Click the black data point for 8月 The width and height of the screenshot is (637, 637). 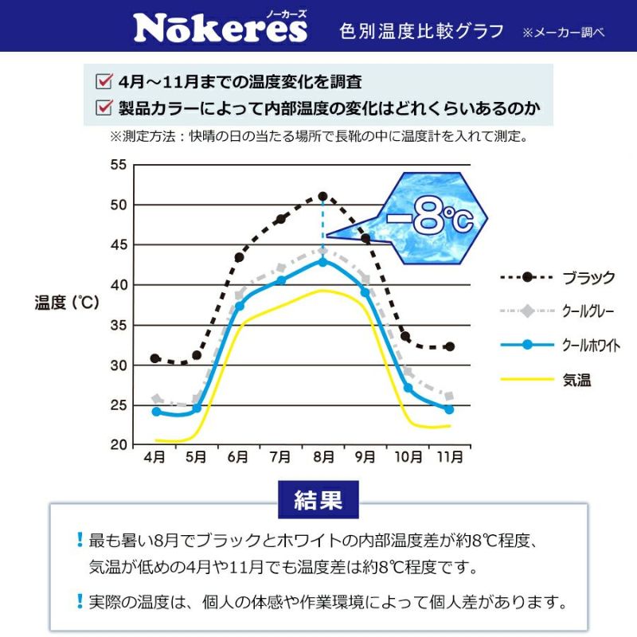(x=322, y=196)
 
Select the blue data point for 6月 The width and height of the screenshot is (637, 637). (x=239, y=306)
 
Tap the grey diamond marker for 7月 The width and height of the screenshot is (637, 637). (x=280, y=268)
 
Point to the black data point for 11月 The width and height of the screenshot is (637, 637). (x=450, y=346)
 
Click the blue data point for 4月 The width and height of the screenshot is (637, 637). (x=156, y=412)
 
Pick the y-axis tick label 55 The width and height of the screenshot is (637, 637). (x=118, y=165)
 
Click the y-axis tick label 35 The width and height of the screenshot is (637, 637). (x=118, y=325)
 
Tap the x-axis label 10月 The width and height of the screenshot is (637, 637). (x=407, y=457)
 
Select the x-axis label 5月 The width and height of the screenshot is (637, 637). (x=197, y=457)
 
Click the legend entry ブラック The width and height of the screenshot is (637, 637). (x=588, y=278)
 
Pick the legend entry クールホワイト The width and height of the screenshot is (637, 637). (x=591, y=346)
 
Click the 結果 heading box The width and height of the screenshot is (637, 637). (x=318, y=499)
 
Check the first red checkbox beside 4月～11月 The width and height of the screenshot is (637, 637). (x=103, y=80)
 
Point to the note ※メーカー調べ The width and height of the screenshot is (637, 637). (x=564, y=33)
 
